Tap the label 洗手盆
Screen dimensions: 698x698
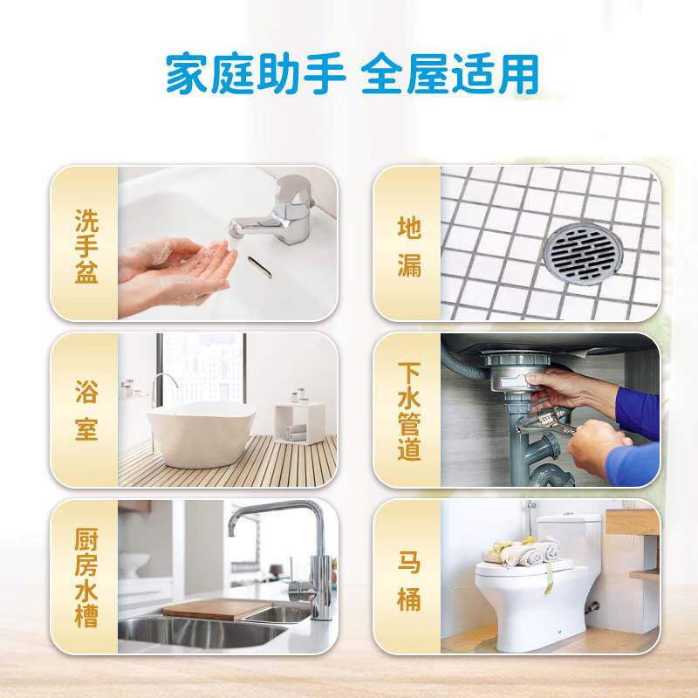pyautogui.click(x=86, y=245)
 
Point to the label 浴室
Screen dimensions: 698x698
pyautogui.click(x=86, y=409)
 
